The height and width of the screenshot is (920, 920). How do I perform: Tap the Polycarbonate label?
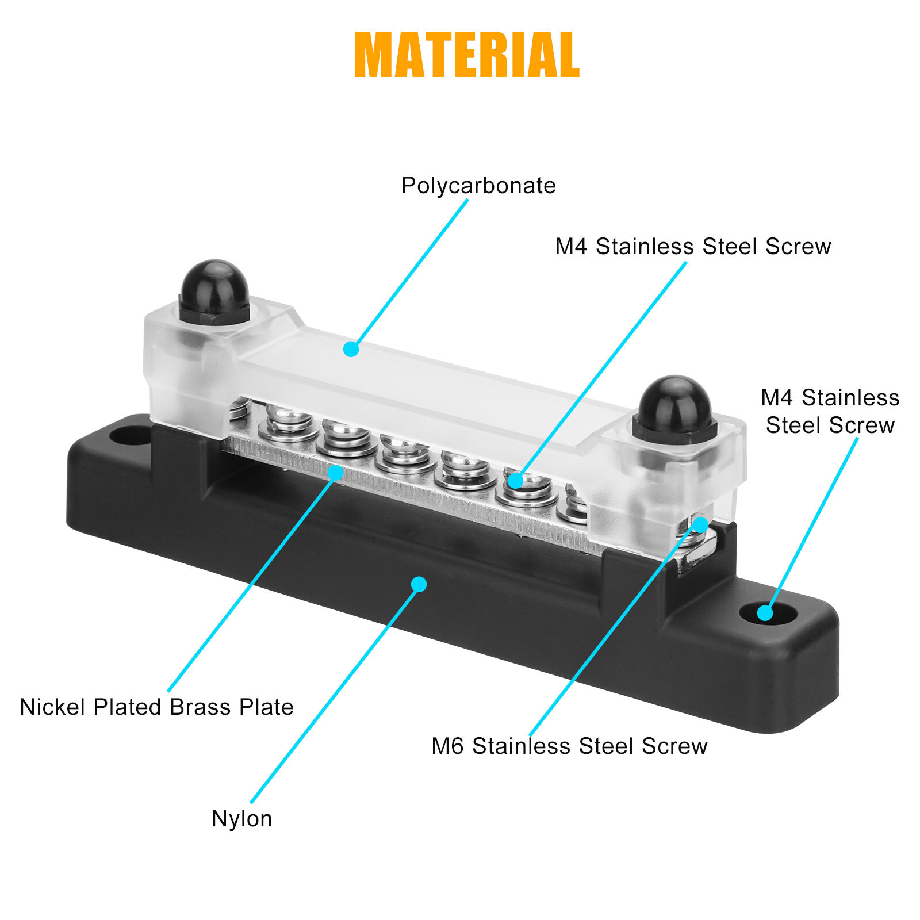(478, 186)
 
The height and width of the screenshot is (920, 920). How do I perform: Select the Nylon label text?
(241, 818)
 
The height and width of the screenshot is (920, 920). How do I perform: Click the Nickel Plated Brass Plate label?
(156, 707)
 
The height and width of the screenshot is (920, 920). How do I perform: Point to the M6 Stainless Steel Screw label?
(569, 746)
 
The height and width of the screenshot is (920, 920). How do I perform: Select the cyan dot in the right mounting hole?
(765, 614)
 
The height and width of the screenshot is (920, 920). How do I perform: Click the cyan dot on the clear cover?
(351, 349)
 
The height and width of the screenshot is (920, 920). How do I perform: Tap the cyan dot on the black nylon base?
(419, 584)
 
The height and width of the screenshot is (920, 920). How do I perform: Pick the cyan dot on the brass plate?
(335, 473)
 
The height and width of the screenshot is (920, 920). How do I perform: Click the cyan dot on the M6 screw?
(700, 525)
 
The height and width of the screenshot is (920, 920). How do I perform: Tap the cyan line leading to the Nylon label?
(333, 696)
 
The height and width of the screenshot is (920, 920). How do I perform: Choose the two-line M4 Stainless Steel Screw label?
(830, 411)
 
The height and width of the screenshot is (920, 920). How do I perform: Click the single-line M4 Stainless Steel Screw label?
(693, 247)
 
